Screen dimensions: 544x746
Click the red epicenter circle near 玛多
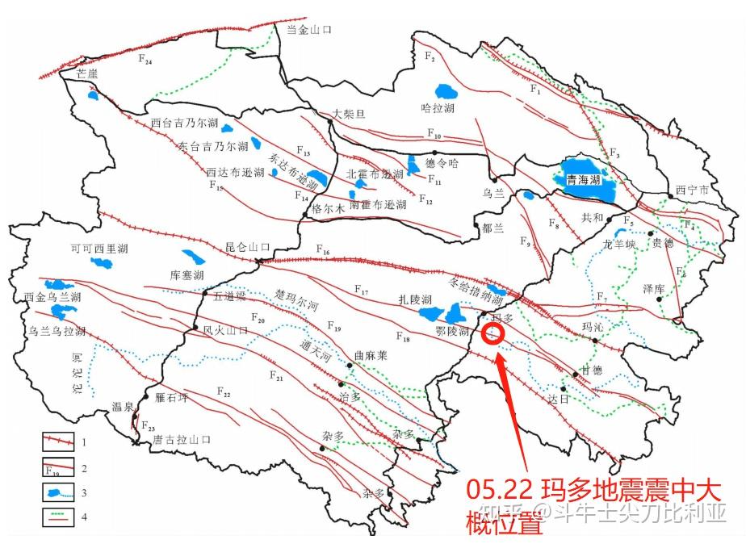click(x=492, y=333)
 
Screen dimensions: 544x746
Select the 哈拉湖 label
click(x=438, y=108)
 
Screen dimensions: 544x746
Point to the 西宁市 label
click(x=692, y=191)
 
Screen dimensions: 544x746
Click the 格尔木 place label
click(x=329, y=208)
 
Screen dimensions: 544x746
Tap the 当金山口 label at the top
click(x=310, y=29)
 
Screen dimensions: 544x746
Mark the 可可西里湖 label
click(x=98, y=249)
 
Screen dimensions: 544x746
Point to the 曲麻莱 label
click(x=371, y=355)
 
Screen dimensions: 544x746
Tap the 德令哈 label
click(x=441, y=163)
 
